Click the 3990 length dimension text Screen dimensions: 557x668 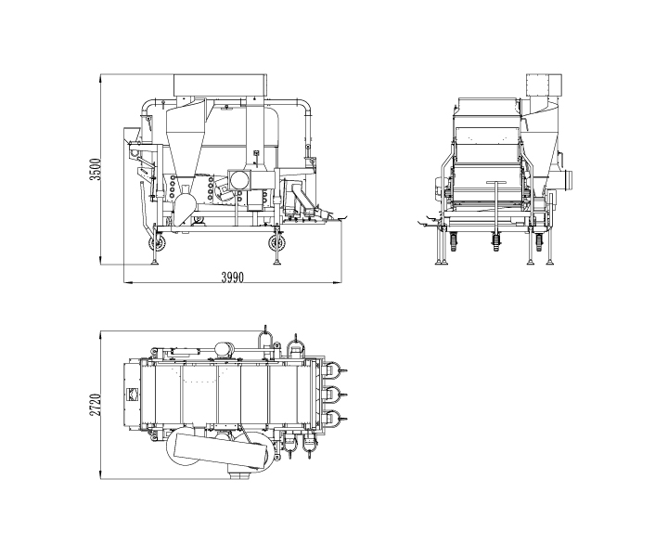coord(233,278)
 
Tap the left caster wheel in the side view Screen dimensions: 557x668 coord(159,245)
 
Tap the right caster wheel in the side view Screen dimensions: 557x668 coord(276,244)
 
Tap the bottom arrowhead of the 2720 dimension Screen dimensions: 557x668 coord(101,477)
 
